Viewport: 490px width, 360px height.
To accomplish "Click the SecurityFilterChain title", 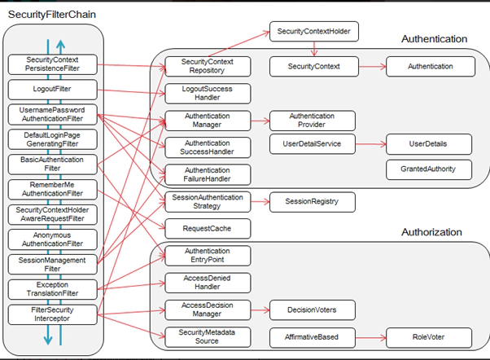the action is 52,15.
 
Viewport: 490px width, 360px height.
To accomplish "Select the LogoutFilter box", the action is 52,90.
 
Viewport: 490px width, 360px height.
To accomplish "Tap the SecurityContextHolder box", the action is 313,31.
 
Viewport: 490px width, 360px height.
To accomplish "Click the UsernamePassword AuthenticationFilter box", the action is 52,115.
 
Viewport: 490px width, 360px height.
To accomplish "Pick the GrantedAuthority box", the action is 429,169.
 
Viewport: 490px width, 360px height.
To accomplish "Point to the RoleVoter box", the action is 429,337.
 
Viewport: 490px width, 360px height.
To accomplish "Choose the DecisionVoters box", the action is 313,310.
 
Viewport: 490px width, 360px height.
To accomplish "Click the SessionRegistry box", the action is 313,202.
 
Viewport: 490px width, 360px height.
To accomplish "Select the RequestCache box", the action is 208,229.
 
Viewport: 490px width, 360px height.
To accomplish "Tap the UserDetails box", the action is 429,144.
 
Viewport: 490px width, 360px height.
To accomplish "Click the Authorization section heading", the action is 431,232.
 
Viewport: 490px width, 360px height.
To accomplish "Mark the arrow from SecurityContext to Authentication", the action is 372,66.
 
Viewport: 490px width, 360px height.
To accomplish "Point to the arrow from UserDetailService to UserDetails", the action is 370,144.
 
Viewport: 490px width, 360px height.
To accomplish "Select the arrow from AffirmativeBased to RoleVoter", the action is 370,337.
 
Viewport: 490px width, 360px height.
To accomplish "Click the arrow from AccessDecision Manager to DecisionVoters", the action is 260,310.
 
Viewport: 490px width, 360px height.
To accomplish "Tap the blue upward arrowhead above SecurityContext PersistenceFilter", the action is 60,45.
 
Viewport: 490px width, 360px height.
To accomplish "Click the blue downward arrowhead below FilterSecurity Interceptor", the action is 48,340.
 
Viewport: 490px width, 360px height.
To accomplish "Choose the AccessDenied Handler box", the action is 208,283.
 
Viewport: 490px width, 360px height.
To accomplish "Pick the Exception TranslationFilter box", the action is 52,289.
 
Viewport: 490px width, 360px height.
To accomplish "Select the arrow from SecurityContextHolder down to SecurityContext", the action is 314,49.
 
